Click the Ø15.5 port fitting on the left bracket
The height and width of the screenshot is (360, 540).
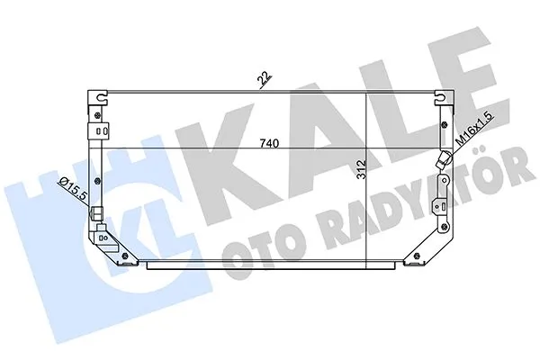pyautogui.click(x=97, y=214)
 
